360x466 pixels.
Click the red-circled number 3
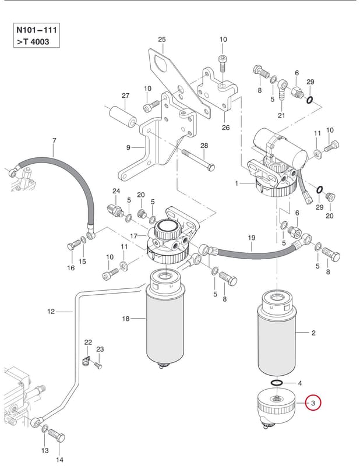[313, 403]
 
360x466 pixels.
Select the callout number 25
[162, 40]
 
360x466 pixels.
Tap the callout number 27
[125, 96]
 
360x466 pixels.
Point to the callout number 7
[54, 140]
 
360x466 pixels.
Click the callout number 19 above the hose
[252, 238]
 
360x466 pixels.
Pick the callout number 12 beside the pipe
[51, 312]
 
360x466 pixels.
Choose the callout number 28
[204, 146]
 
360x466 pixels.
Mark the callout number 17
[134, 236]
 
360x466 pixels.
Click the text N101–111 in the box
[37, 30]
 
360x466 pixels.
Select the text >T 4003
[33, 41]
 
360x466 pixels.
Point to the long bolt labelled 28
[198, 160]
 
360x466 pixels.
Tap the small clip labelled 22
[86, 361]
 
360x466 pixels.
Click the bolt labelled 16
[73, 245]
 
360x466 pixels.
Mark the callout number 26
[225, 128]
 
